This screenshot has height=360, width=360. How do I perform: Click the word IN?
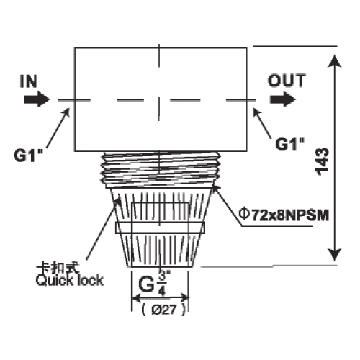pyautogui.click(x=29, y=81)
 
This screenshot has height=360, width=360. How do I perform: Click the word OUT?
pyautogui.click(x=287, y=81)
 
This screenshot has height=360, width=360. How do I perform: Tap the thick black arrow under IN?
pyautogui.click(x=37, y=99)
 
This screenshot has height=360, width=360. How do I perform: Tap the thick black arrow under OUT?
pyautogui.click(x=282, y=99)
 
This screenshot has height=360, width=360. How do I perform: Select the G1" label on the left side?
pyautogui.click(x=28, y=156)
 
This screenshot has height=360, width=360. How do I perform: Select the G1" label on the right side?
pyautogui.click(x=290, y=143)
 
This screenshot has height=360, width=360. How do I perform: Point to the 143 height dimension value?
pyautogui.click(x=322, y=162)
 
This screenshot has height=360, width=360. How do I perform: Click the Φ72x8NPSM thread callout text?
pyautogui.click(x=284, y=215)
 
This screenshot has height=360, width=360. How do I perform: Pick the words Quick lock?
pyautogui.click(x=70, y=280)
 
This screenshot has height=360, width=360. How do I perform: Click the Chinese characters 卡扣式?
pyautogui.click(x=58, y=268)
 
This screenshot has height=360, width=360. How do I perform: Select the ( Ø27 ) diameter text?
pyautogui.click(x=164, y=310)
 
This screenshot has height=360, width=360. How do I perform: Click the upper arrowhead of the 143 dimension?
pyautogui.click(x=334, y=61)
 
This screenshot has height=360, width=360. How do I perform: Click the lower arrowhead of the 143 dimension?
pyautogui.click(x=334, y=254)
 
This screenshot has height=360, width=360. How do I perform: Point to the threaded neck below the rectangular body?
pyautogui.click(x=161, y=169)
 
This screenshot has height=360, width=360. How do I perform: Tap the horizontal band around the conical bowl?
pyautogui.click(x=161, y=228)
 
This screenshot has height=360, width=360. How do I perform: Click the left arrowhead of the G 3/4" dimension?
pyautogui.click(x=136, y=299)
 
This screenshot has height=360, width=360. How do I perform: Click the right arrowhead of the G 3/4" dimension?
pyautogui.click(x=184, y=299)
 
